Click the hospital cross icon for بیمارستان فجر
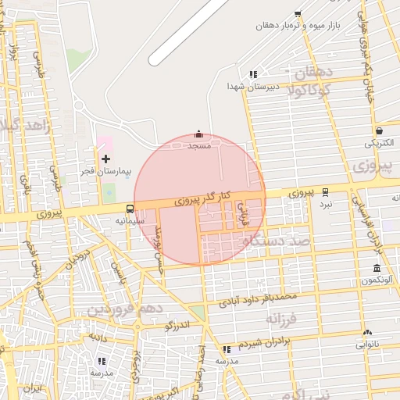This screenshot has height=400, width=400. [x=106, y=159]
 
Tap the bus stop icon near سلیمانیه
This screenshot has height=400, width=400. [x=129, y=209]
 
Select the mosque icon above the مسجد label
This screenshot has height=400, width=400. [x=198, y=134]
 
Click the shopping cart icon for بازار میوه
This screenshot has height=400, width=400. [x=298, y=14]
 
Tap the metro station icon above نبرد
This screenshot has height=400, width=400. [x=325, y=191]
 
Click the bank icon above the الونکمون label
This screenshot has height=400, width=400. [x=377, y=268]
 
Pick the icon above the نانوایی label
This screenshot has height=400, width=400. [x=367, y=333]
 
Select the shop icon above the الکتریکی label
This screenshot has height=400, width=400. [x=379, y=131]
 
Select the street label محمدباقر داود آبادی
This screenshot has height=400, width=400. [x=259, y=298]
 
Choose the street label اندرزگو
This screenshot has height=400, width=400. [x=179, y=325]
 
